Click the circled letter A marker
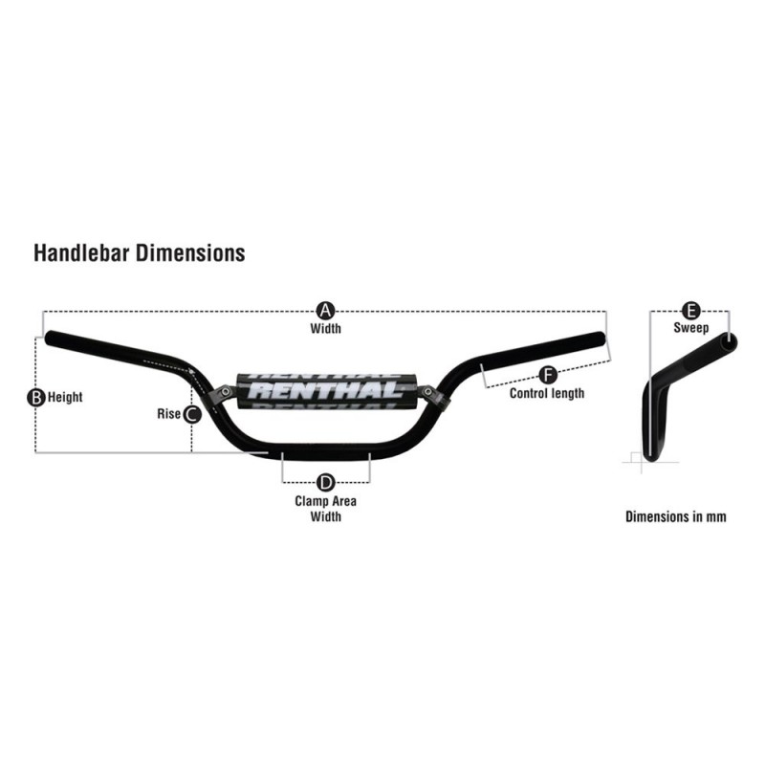[x=325, y=311]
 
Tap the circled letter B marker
[x=35, y=398]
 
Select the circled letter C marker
[x=192, y=414]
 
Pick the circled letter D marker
[x=325, y=483]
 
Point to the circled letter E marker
[x=690, y=310]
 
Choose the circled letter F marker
[x=548, y=375]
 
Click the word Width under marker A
[x=325, y=328]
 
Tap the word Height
[x=65, y=397]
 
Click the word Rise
[x=169, y=414]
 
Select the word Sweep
[x=690, y=327]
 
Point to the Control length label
[x=547, y=393]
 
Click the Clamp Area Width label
[x=325, y=509]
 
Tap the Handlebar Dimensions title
[x=140, y=252]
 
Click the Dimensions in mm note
[x=676, y=516]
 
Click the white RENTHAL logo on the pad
[x=325, y=390]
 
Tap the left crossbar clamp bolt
[x=225, y=391]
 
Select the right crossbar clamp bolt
[x=427, y=391]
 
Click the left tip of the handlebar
[x=48, y=338]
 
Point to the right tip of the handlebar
[x=603, y=338]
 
